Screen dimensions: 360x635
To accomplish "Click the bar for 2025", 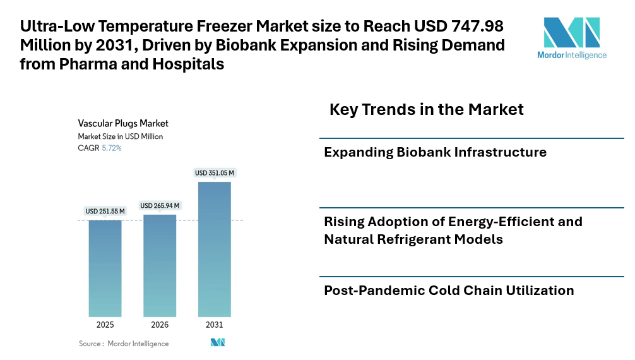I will (105, 268).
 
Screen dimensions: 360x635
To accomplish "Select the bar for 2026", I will (160, 265).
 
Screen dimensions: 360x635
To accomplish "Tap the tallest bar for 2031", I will (214, 249).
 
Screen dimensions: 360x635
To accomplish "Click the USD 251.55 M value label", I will (105, 211).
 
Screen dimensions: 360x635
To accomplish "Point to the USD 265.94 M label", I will (160, 206).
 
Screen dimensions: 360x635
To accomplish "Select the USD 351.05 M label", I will (214, 173).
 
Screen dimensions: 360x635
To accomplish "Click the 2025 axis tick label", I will (105, 325).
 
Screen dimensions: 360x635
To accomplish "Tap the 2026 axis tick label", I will (160, 325).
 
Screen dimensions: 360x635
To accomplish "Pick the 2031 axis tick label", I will (214, 325).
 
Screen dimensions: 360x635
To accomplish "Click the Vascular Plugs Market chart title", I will (123, 124).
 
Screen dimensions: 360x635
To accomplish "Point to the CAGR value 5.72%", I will (112, 148).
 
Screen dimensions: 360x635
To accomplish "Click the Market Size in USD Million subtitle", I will (120, 136).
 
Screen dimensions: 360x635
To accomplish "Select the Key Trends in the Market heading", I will (426, 109).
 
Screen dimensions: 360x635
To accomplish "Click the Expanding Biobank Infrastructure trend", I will (435, 152).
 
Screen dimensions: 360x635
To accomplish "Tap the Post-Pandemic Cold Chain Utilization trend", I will (449, 291).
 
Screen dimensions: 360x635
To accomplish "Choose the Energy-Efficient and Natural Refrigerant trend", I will (453, 231).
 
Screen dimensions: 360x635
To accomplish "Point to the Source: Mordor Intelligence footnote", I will (124, 344).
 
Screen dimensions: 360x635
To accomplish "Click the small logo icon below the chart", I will (218, 342).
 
